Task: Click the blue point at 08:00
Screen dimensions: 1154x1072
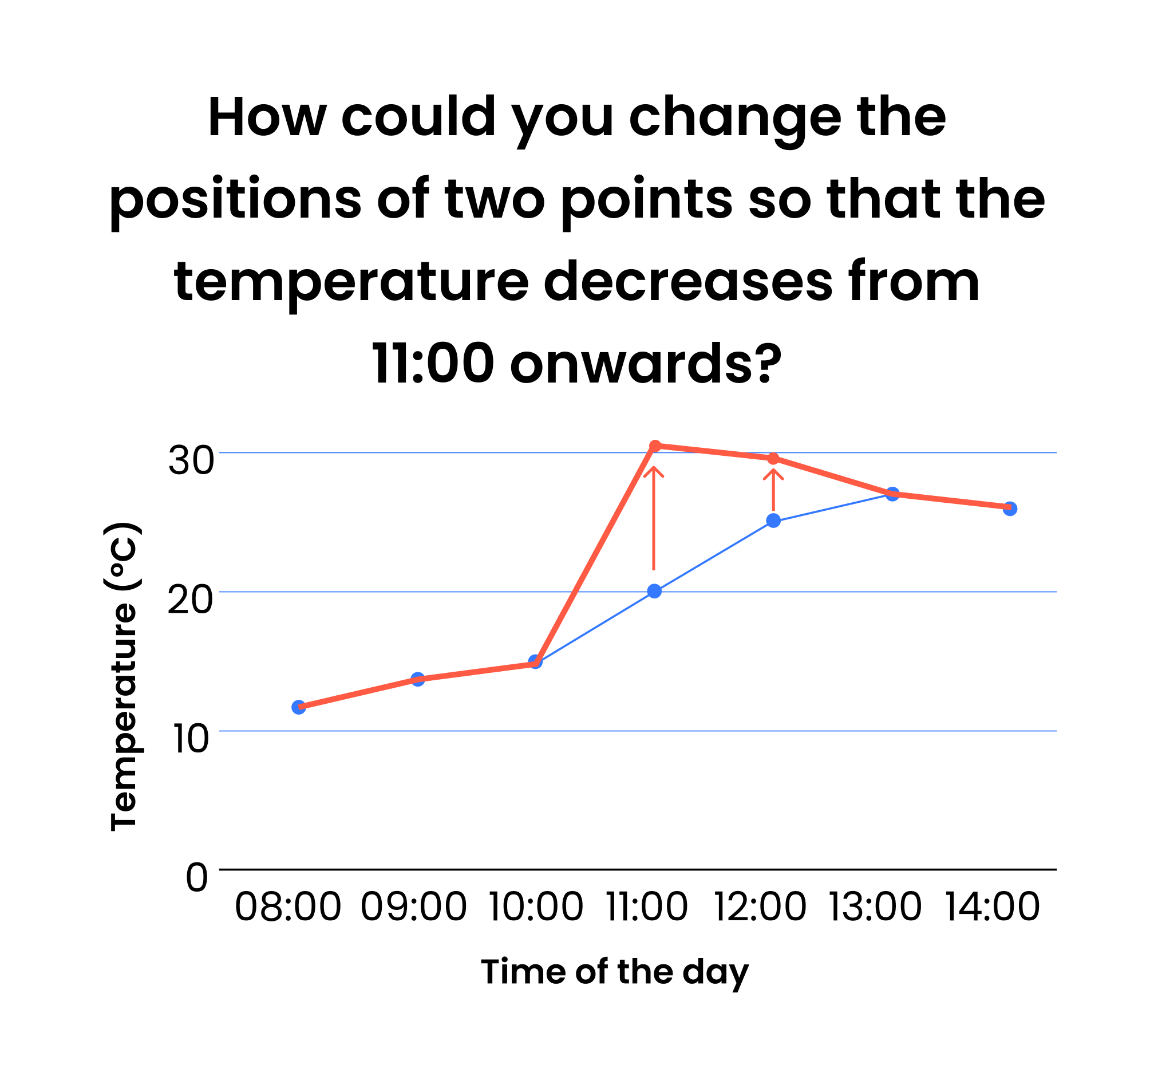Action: [299, 707]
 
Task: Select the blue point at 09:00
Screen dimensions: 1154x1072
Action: [417, 679]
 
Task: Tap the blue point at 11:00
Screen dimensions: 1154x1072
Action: [654, 591]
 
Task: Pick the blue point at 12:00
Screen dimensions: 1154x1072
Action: [773, 521]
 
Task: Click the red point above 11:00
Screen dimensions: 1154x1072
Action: [655, 446]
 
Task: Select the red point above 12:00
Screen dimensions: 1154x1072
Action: [773, 459]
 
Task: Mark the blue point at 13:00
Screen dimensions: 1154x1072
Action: [892, 494]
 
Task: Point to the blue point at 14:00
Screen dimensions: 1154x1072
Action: [1010, 509]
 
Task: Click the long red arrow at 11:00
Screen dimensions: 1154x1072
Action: [654, 518]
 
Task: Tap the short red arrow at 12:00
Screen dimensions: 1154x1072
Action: [773, 490]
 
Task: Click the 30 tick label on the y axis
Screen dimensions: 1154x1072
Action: [191, 460]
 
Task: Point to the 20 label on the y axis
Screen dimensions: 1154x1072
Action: [190, 600]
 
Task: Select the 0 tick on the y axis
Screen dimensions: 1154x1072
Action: [196, 878]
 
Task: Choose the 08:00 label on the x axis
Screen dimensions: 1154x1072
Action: [288, 908]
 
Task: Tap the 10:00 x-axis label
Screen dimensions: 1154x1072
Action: [536, 908]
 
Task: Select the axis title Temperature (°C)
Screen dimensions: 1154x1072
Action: [123, 676]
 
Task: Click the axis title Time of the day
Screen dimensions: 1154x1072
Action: [615, 973]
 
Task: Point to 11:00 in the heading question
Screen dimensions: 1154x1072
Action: [433, 364]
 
